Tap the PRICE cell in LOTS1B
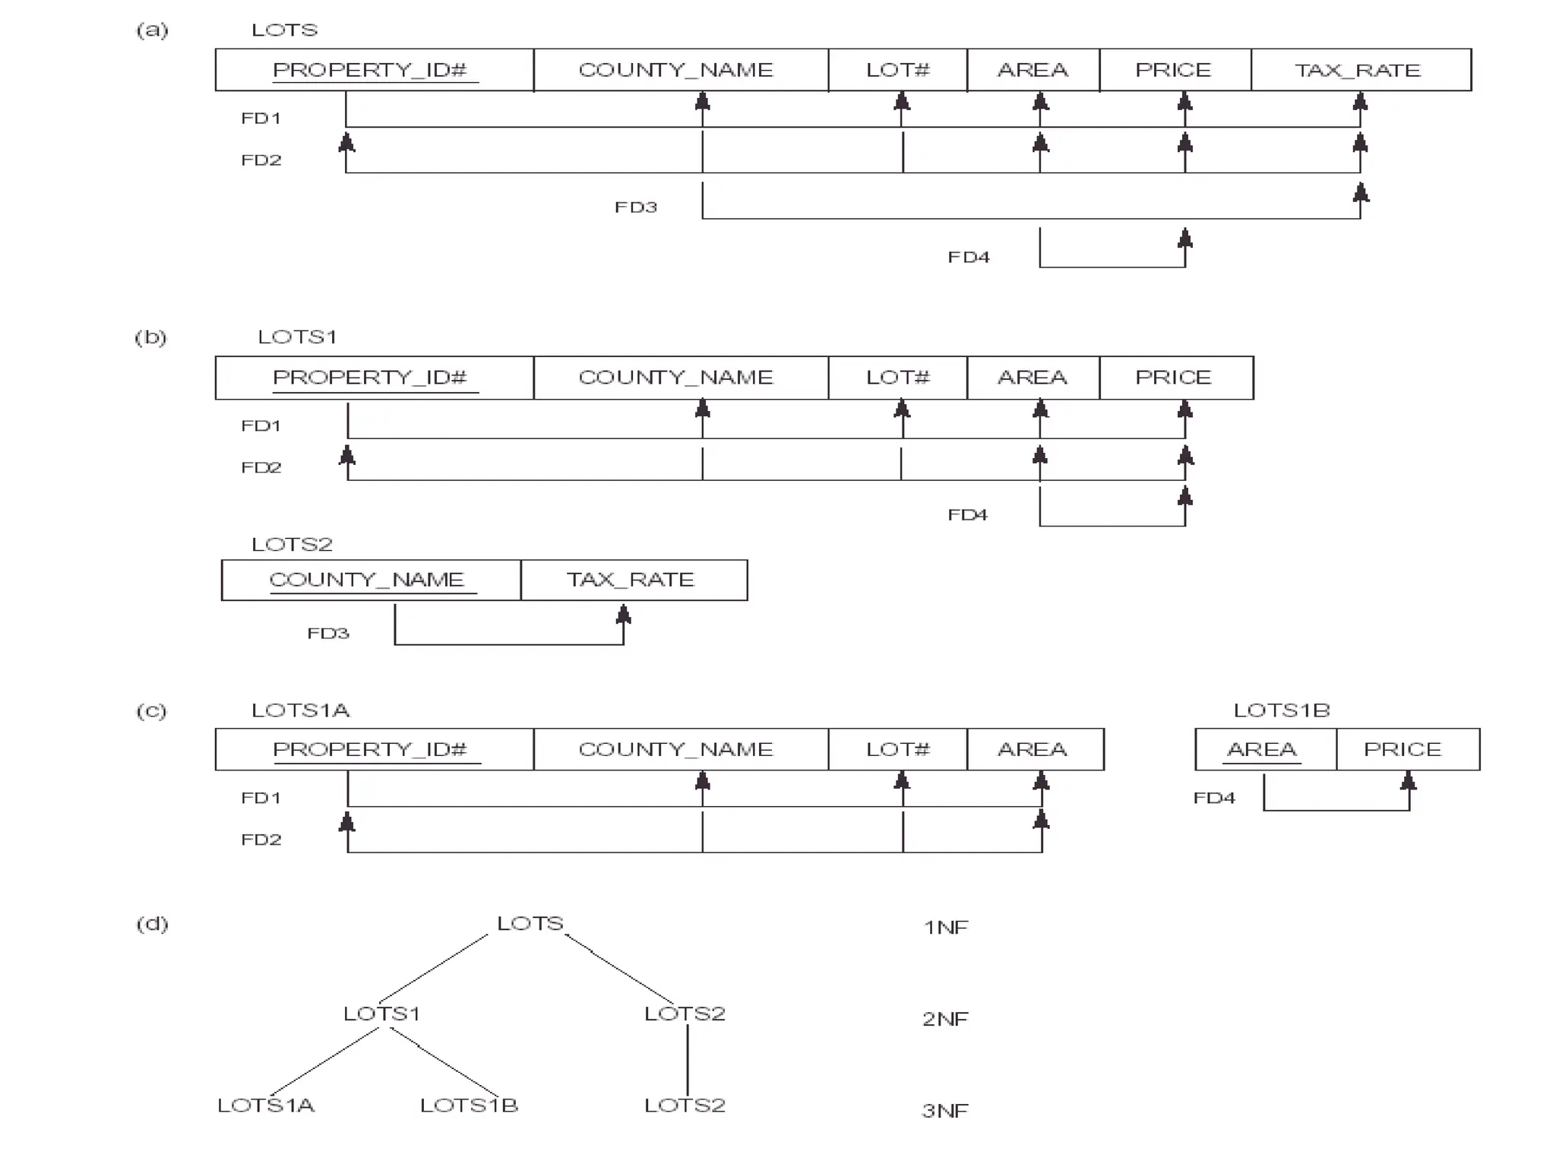pos(1406,749)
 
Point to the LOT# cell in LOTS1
pos(897,378)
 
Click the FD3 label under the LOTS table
pos(636,207)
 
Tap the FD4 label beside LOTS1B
pos(1214,798)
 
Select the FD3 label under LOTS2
pos(328,634)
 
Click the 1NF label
pos(946,928)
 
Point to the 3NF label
pos(946,1111)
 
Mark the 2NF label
pos(946,1019)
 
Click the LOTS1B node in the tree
pos(469,1105)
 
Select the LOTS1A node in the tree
pos(266,1105)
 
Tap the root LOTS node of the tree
pos(530,924)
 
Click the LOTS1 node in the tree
pos(381,1014)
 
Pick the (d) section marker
pos(152,924)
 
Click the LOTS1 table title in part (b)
pos(297,337)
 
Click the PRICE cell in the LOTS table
pos(1174,70)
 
